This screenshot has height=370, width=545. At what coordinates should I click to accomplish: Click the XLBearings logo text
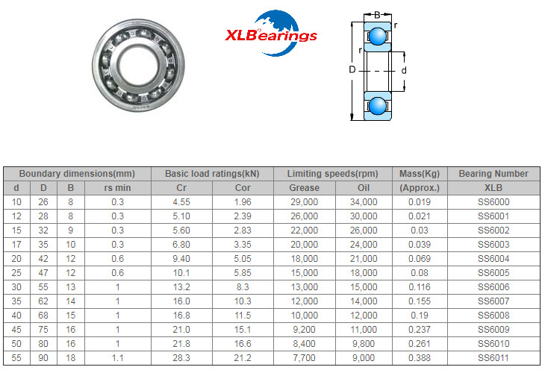[x=271, y=36]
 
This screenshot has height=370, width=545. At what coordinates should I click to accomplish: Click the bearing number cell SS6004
[x=493, y=259]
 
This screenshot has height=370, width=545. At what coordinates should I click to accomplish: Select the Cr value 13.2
[x=181, y=287]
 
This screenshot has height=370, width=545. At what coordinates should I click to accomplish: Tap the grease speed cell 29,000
[x=304, y=202]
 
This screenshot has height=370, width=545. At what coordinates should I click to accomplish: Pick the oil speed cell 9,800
[x=364, y=344]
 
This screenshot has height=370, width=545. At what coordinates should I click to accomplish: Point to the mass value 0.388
[x=419, y=358]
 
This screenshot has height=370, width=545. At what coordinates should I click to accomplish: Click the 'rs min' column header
[x=117, y=188]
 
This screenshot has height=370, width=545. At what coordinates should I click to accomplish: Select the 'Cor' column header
[x=243, y=188]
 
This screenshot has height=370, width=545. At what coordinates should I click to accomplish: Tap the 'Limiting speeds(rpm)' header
[x=333, y=173]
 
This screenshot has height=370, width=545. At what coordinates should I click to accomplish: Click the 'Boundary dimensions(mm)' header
[x=77, y=173]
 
